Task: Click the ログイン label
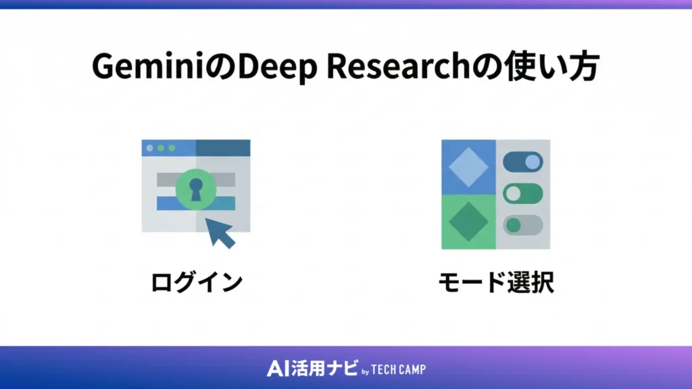196,283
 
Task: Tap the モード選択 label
495,283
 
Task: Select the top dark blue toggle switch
522,162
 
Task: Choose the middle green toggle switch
522,194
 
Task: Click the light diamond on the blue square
468,166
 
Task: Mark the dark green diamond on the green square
468,222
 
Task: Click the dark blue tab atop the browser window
223,148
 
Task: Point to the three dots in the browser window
160,148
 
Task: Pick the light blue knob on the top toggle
533,162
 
